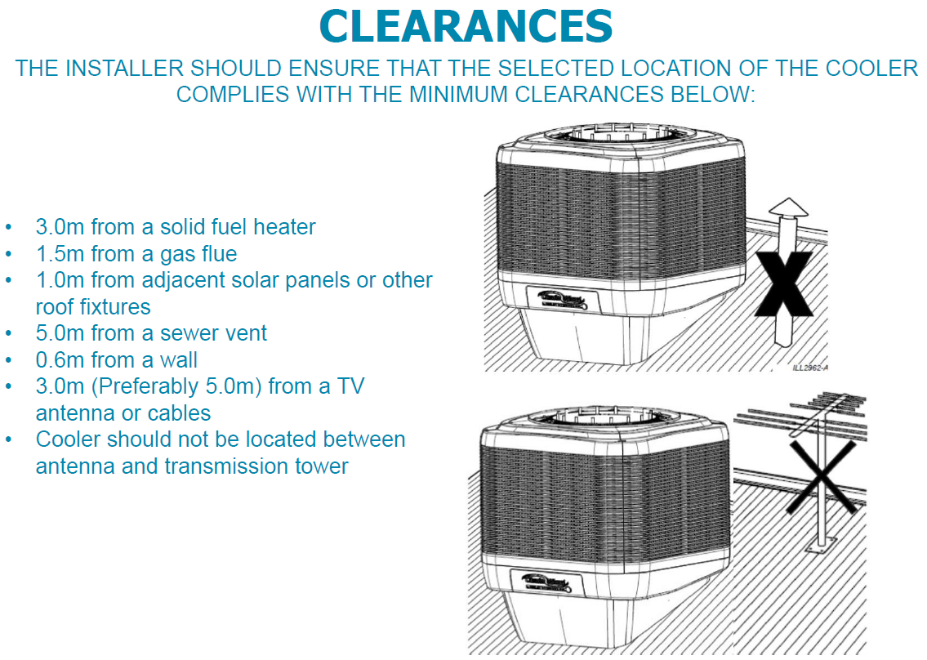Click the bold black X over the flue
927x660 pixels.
click(x=782, y=283)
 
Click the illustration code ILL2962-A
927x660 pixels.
click(x=810, y=368)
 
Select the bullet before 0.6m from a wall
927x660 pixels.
click(x=9, y=359)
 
